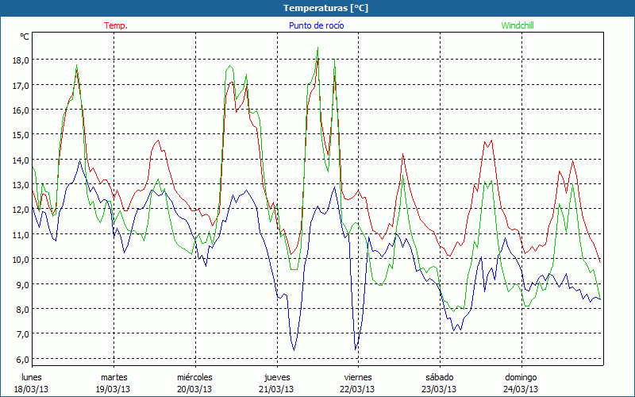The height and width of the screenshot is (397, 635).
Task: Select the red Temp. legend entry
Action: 116,25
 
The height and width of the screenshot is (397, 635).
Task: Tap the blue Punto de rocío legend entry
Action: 316,25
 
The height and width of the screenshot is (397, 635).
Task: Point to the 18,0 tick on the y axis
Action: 19,60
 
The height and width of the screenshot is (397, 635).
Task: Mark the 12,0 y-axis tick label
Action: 19,210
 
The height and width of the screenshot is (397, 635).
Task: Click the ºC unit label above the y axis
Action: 25,37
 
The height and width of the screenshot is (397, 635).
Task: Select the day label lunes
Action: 32,377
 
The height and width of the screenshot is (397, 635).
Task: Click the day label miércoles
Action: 194,377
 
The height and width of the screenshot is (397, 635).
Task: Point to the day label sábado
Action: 439,377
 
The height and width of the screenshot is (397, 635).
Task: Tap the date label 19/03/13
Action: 114,389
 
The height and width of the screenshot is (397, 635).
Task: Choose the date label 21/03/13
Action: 276,389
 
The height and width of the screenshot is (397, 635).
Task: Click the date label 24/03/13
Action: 521,389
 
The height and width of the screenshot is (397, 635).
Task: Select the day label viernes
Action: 358,377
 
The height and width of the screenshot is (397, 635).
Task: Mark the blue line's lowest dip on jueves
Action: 294,349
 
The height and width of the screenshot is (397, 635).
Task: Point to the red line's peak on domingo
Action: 573,160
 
